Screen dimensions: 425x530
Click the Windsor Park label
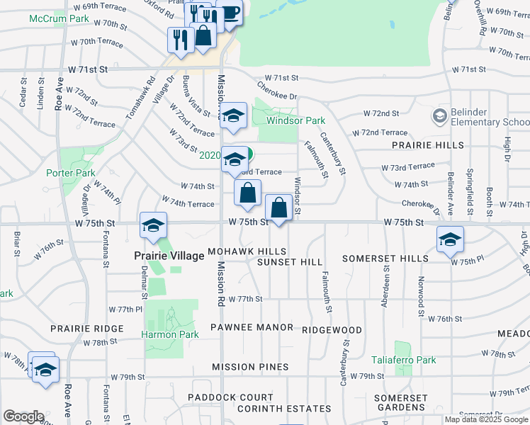coord(295,120)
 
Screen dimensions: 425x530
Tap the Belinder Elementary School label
coord(490,122)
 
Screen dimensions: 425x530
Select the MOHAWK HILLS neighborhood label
coord(247,251)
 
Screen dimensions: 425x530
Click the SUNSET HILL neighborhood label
coord(289,262)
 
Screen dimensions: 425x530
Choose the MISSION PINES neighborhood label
coord(250,367)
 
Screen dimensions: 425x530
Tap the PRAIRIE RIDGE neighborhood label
coord(87,329)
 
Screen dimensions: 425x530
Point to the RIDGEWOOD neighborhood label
coord(332,330)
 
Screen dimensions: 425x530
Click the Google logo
coord(23,416)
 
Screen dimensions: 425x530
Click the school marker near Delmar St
coord(153,225)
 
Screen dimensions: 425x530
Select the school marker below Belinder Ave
coord(450,239)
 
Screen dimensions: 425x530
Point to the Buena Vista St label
coord(195,96)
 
